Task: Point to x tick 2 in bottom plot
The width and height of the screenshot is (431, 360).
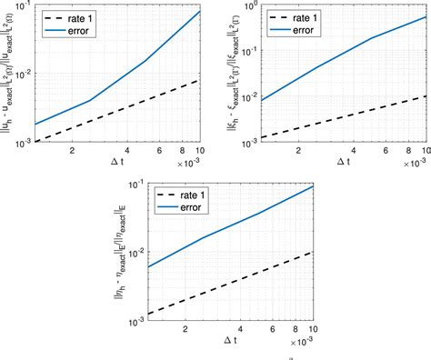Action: pos(185,332)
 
